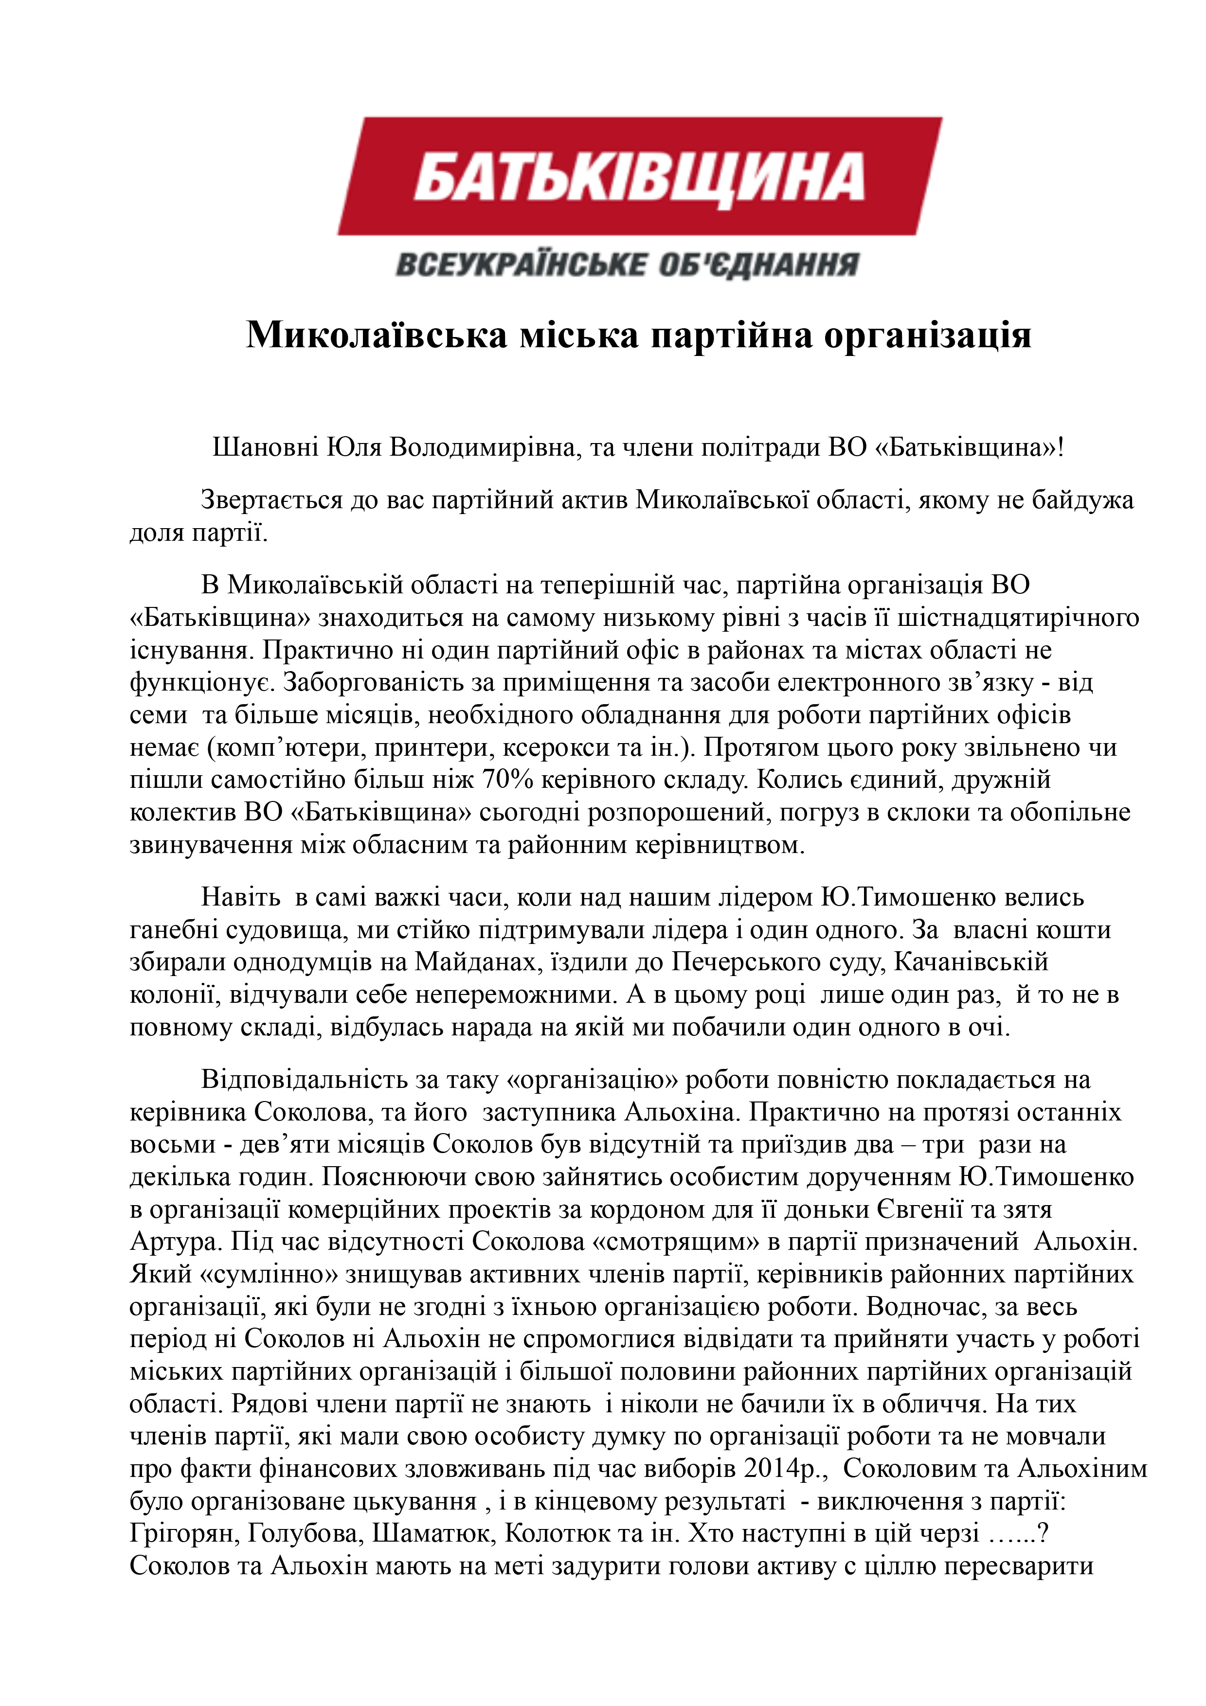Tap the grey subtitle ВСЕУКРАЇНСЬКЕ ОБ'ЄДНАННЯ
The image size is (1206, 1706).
click(627, 265)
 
